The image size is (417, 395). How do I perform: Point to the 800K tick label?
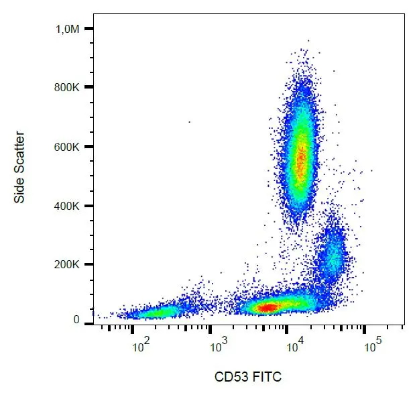pyautogui.click(x=68, y=87)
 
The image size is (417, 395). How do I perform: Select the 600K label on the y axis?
pyautogui.click(x=68, y=147)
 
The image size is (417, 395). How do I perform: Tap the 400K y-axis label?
pyautogui.click(x=68, y=206)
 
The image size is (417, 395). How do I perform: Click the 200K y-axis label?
pyautogui.click(x=68, y=265)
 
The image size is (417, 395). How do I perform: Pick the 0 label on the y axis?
pyautogui.click(x=77, y=320)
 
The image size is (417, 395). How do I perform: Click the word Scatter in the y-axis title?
pyautogui.click(x=19, y=154)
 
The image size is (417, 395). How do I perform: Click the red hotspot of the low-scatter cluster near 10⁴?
pyautogui.click(x=267, y=307)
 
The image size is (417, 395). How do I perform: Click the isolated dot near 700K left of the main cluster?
pyautogui.click(x=189, y=122)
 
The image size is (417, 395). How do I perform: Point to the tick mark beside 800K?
pyautogui.click(x=88, y=87)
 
